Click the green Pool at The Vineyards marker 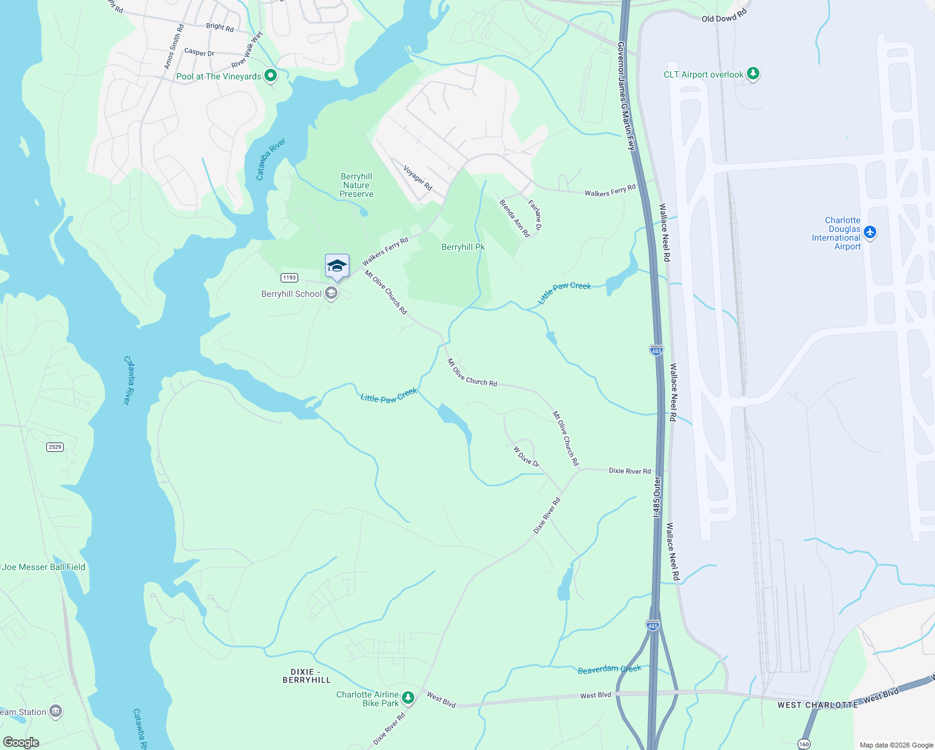pyautogui.click(x=271, y=76)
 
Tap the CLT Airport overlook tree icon pyautogui.click(x=753, y=74)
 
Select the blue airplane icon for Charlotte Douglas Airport pyautogui.click(x=869, y=233)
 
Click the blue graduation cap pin pyautogui.click(x=337, y=266)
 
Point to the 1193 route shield pyautogui.click(x=289, y=277)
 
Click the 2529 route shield pyautogui.click(x=55, y=447)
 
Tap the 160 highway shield pyautogui.click(x=804, y=744)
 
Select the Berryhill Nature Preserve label pyautogui.click(x=356, y=185)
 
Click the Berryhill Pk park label pyautogui.click(x=462, y=247)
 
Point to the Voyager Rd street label pyautogui.click(x=417, y=178)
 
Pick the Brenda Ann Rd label pyautogui.click(x=514, y=218)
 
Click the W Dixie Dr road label pyautogui.click(x=526, y=457)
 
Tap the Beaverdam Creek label pyautogui.click(x=609, y=669)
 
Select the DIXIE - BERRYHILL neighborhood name pyautogui.click(x=306, y=676)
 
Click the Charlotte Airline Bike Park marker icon pyautogui.click(x=408, y=697)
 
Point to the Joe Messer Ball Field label pyautogui.click(x=44, y=567)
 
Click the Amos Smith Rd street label pyautogui.click(x=174, y=47)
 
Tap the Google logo pyautogui.click(x=21, y=742)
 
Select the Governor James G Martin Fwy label pyautogui.click(x=626, y=96)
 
